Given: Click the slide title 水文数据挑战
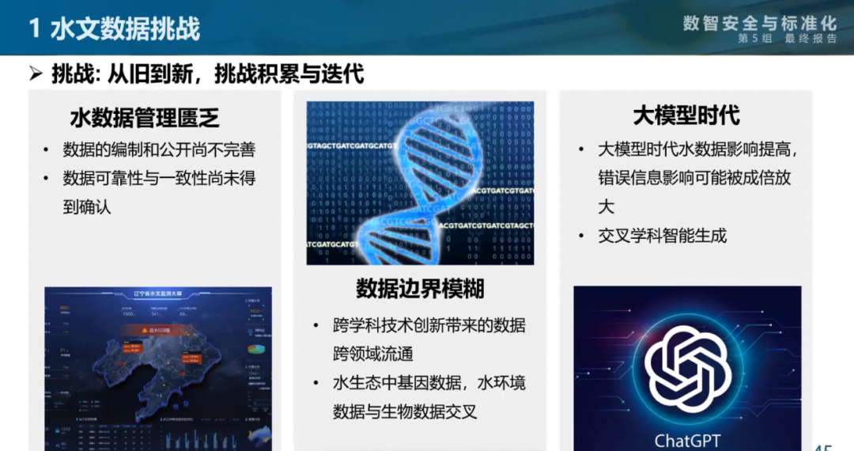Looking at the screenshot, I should pos(125,28).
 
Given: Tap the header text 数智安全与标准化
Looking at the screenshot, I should pos(759,21).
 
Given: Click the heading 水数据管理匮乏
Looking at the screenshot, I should pos(145,119).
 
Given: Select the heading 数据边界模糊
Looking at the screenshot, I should pos(420,288).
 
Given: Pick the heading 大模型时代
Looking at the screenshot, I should pos(686,116).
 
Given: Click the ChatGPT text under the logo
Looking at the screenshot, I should pos(687,440).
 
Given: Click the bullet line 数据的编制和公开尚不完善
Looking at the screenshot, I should pos(159,150).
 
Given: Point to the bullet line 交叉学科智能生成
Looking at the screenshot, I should pos(662,235).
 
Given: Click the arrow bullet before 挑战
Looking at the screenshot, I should pos(36,75).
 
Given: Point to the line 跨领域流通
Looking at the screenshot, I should pos(372,354).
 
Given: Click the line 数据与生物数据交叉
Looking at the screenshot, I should pos(404,411).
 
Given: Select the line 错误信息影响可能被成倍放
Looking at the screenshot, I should pos(693,178).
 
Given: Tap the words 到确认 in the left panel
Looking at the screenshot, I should pos(87,207).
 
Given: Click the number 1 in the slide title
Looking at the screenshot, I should pos(35,29).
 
